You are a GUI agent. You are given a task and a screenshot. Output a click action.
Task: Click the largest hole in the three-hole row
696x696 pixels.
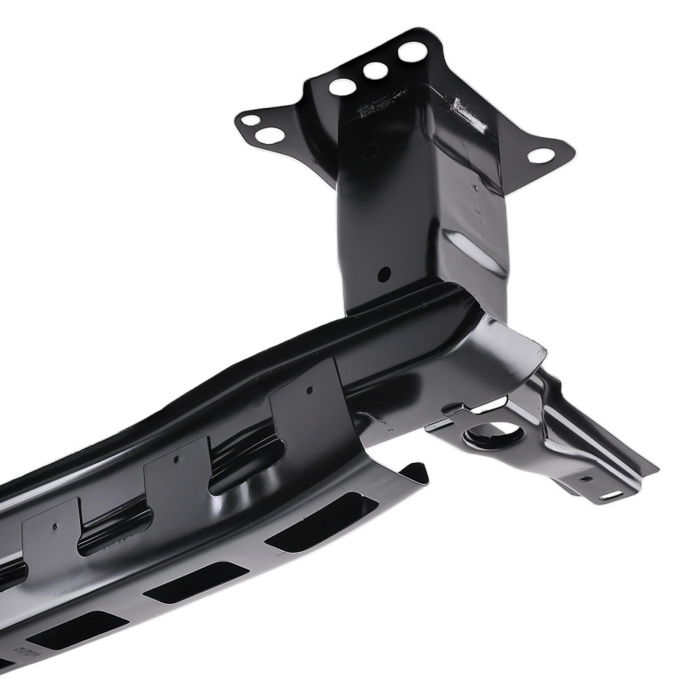point(413,52)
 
